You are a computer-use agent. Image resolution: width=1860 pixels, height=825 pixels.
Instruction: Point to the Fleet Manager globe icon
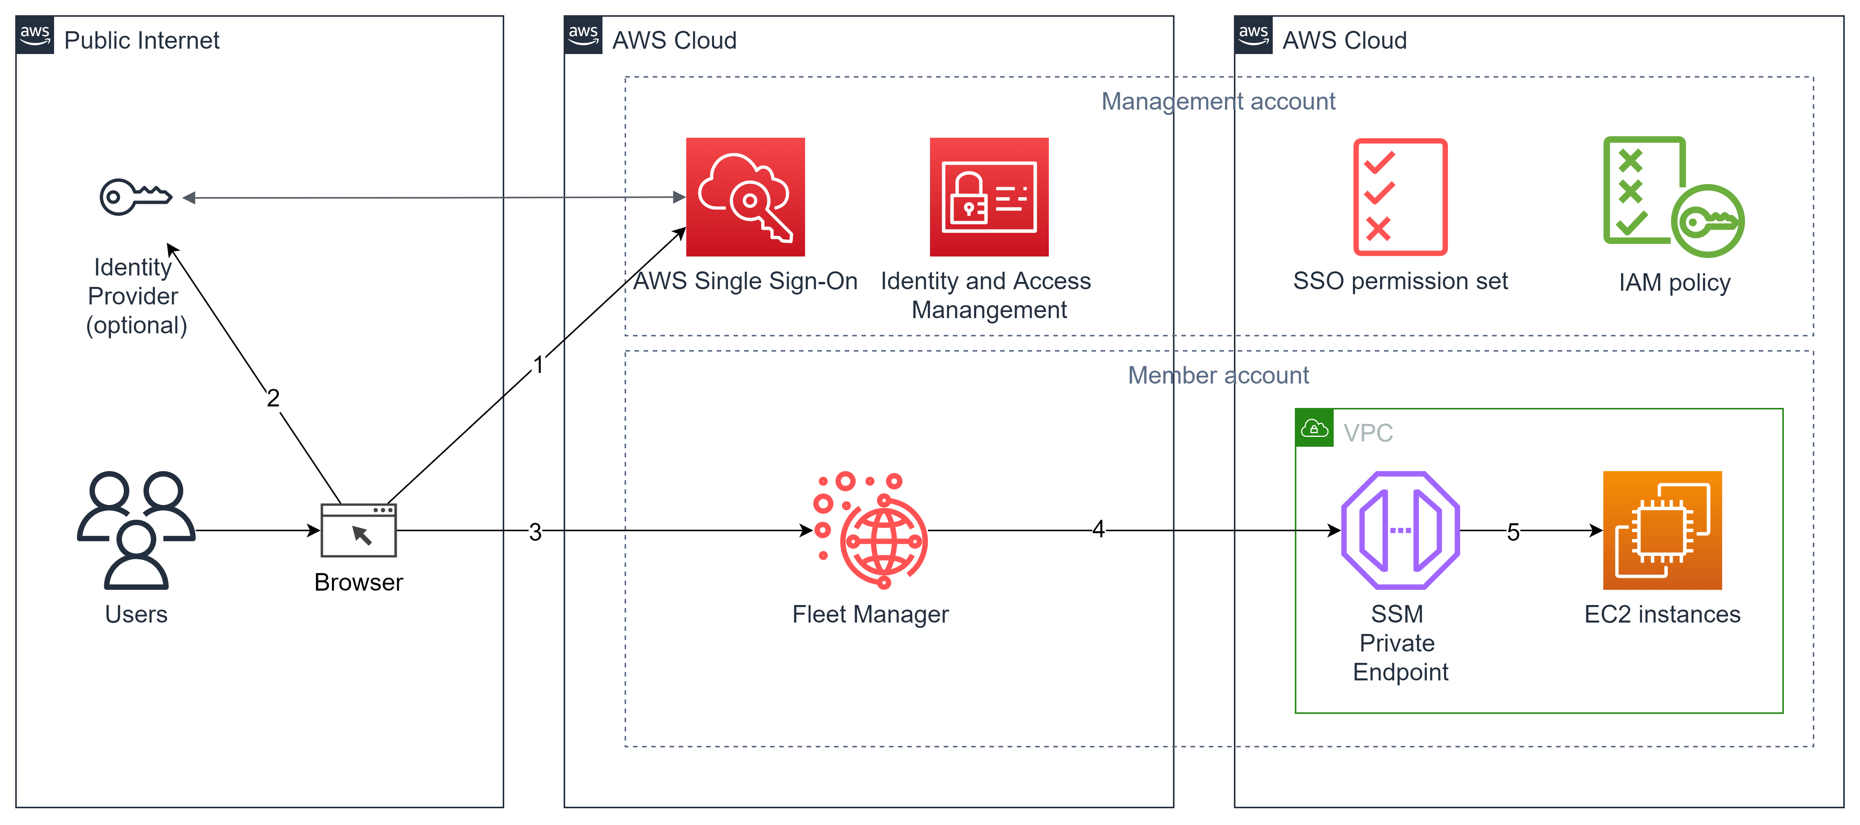click(871, 530)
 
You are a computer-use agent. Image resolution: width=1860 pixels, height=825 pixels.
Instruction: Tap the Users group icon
click(136, 530)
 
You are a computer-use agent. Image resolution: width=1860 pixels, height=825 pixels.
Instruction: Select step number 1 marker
click(538, 365)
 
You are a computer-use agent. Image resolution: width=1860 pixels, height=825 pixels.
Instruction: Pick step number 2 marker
click(273, 398)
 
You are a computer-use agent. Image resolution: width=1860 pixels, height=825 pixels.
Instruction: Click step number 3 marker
click(535, 532)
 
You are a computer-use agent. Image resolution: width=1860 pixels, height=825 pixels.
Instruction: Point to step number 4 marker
click(1098, 529)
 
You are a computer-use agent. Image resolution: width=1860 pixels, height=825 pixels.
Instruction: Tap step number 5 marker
click(1513, 532)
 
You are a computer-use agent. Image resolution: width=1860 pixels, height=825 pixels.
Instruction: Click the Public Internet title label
click(142, 40)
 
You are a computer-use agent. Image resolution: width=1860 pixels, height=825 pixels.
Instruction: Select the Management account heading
click(1218, 102)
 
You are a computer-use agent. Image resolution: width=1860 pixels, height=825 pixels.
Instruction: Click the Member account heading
click(1218, 375)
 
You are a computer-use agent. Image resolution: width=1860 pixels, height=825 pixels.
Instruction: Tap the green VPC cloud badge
click(1314, 429)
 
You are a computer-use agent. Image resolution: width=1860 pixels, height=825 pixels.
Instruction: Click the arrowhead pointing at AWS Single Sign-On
click(679, 197)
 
